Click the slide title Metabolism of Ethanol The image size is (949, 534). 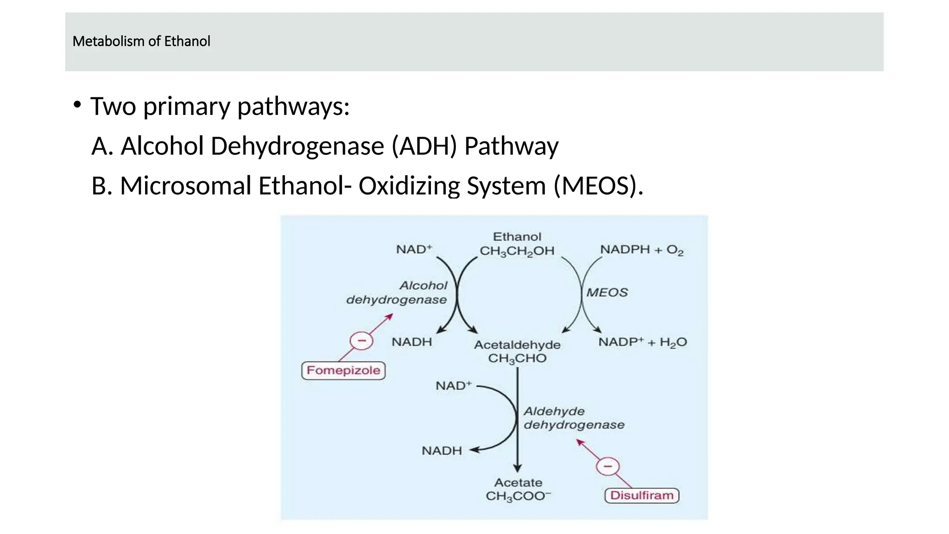(x=141, y=41)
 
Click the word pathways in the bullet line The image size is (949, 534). (x=293, y=106)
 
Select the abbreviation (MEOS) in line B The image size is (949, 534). (x=598, y=186)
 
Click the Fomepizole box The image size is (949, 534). (x=343, y=370)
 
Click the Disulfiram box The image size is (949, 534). (x=642, y=495)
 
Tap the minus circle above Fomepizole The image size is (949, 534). (x=361, y=341)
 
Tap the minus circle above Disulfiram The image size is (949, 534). (x=608, y=466)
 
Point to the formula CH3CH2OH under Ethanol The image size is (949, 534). (x=517, y=251)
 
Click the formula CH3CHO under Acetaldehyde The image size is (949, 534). (x=517, y=358)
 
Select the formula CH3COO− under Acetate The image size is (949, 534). (x=518, y=496)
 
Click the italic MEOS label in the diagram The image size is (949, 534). (x=607, y=292)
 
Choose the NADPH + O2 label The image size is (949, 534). (x=642, y=250)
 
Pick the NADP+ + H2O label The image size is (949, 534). (x=642, y=343)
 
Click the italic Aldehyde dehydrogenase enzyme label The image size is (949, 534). (x=574, y=418)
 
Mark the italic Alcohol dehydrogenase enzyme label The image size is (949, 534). (x=397, y=292)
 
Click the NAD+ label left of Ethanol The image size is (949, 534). (x=414, y=249)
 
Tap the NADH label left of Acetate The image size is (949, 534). (x=442, y=451)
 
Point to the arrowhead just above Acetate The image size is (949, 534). (x=518, y=468)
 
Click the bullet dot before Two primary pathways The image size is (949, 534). (x=77, y=105)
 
